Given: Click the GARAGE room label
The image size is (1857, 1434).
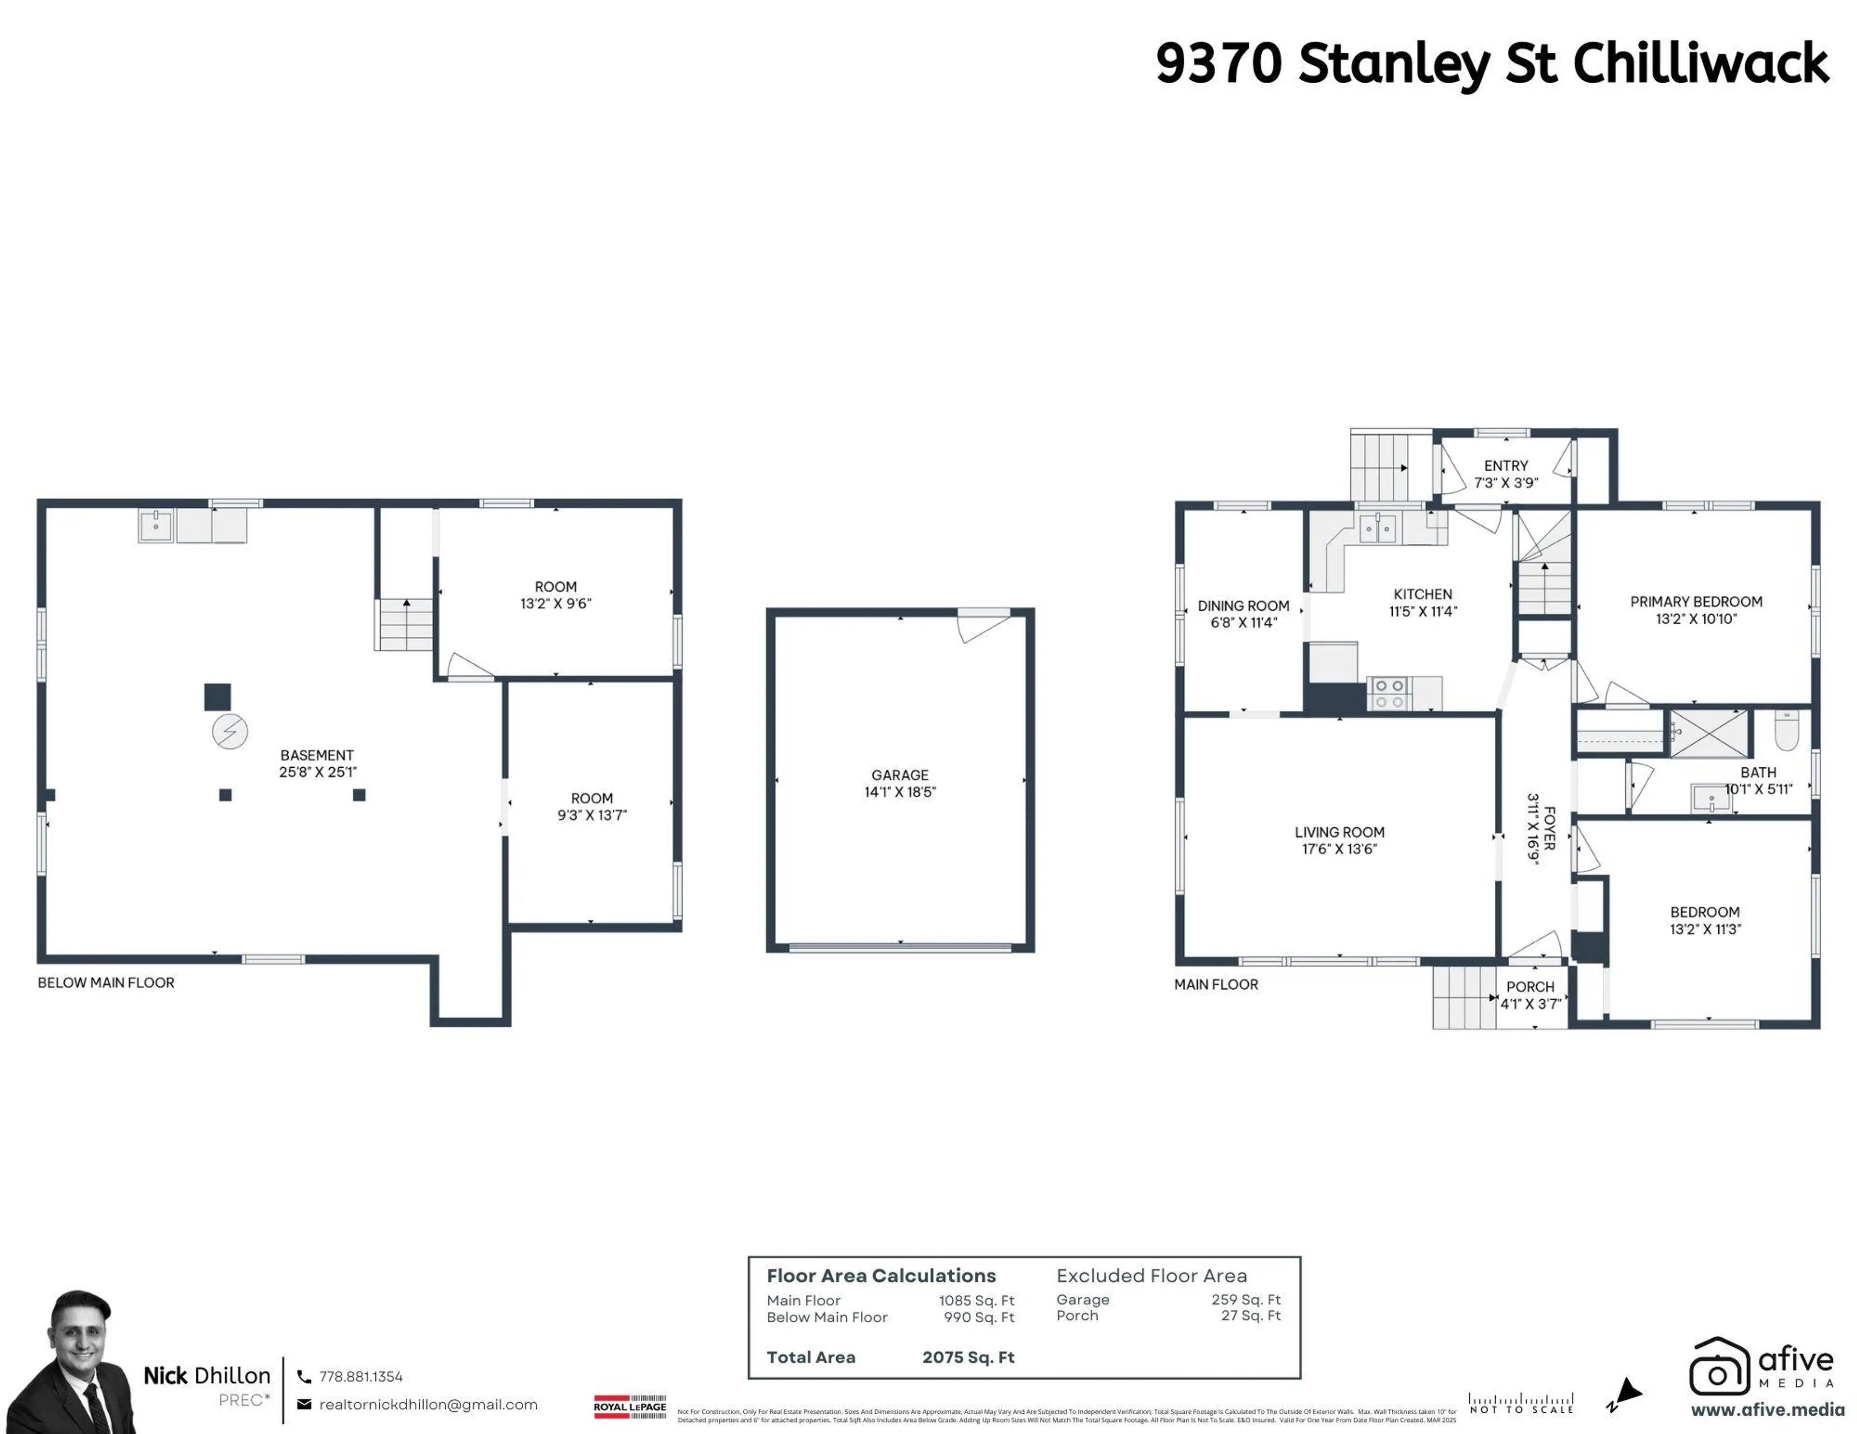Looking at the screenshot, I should point(899,775).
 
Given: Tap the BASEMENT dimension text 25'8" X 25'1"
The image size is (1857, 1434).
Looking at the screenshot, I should point(317,772).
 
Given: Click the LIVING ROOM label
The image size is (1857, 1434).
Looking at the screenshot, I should point(1339,832).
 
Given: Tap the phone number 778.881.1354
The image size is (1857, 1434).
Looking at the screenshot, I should point(360,1376).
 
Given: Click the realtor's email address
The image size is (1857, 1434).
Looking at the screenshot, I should point(427,1404).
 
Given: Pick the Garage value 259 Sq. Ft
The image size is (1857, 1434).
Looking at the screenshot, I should point(1246,1300).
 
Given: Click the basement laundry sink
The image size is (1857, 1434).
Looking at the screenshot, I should point(156,526).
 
